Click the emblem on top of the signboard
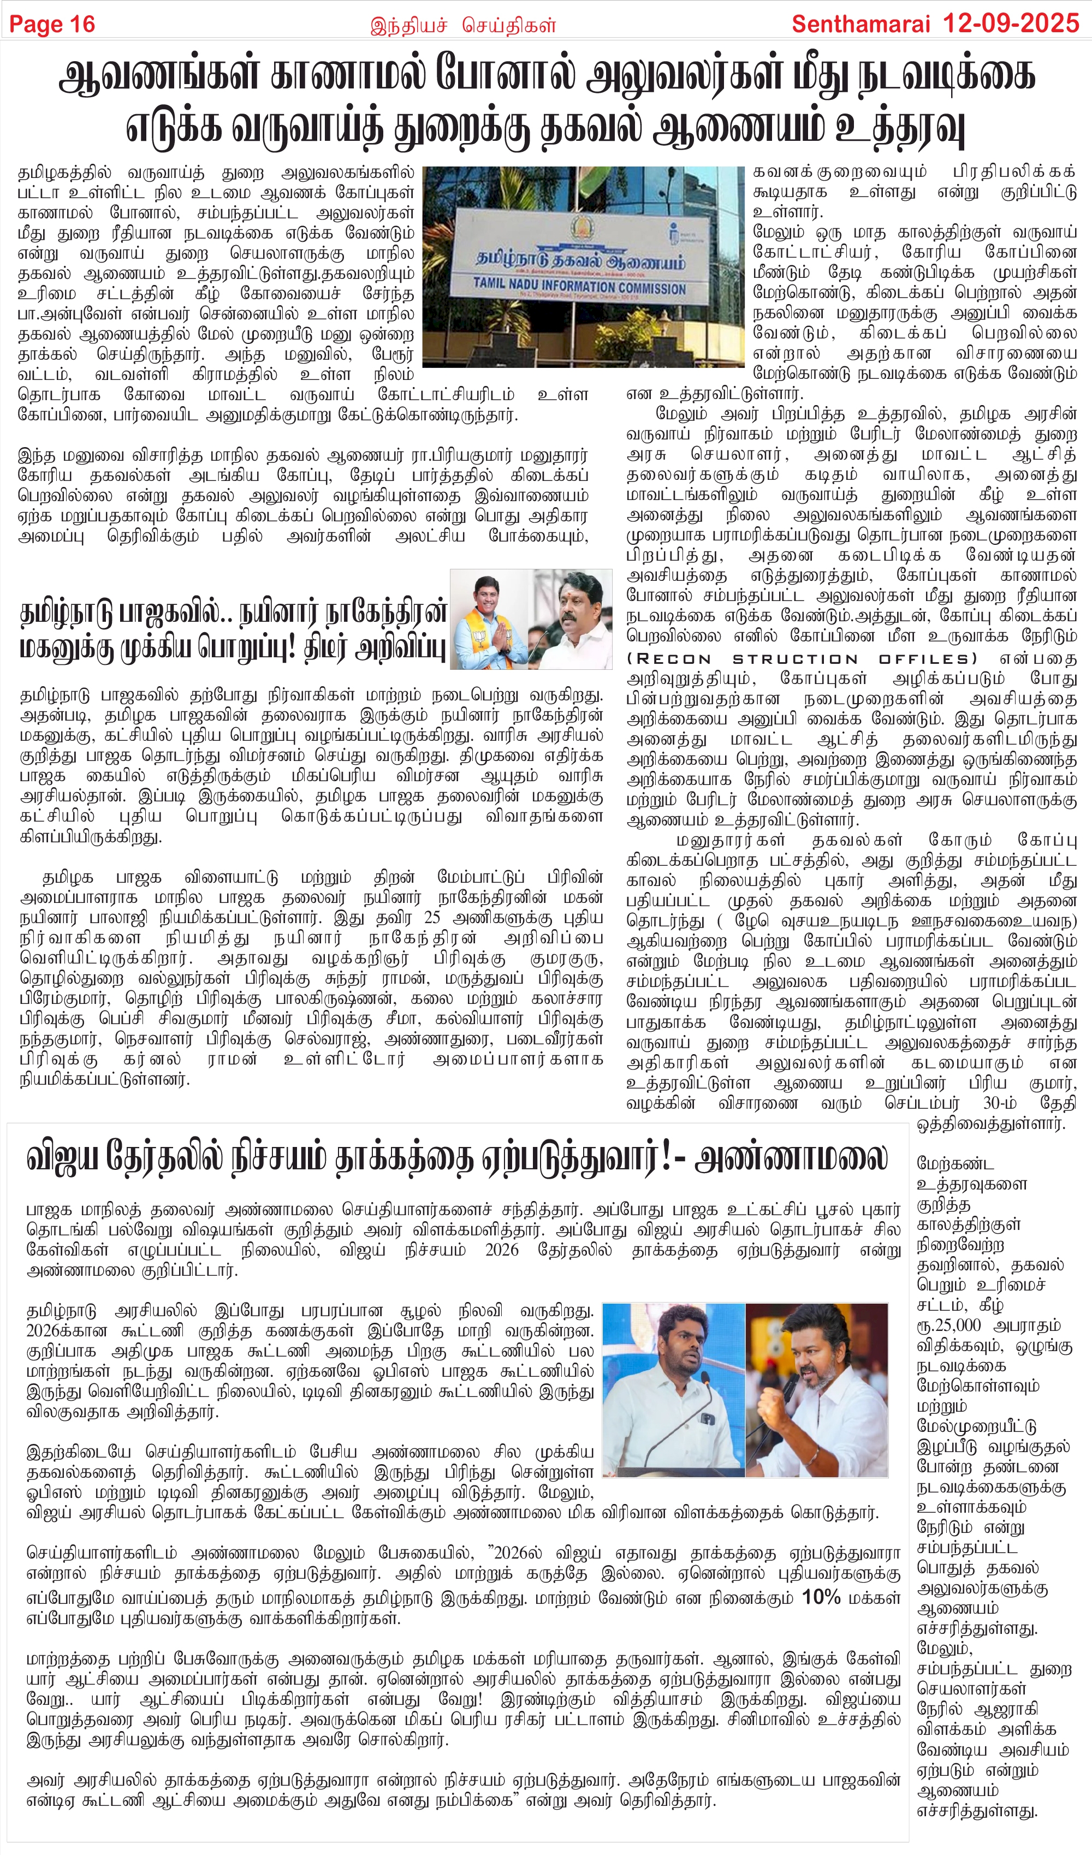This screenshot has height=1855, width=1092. tap(581, 227)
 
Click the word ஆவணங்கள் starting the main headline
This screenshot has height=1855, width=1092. tap(159, 76)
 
